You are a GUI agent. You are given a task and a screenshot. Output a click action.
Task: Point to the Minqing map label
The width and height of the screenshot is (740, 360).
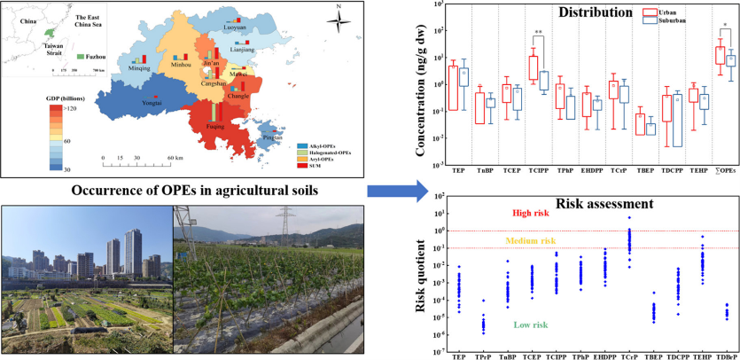tap(139, 67)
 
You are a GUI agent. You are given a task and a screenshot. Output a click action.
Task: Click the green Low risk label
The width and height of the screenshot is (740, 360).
tap(533, 326)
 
